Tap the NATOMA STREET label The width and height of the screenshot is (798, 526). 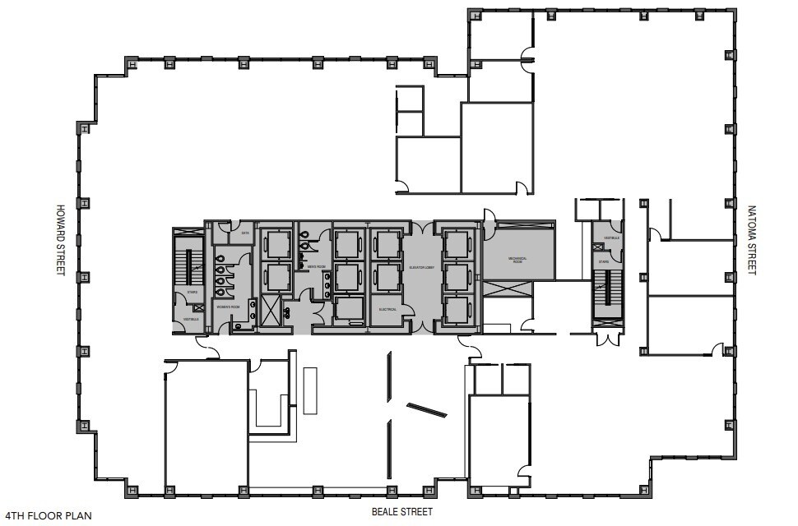click(750, 240)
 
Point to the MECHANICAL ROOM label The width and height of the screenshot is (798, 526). click(517, 259)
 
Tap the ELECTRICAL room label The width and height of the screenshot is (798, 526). click(387, 309)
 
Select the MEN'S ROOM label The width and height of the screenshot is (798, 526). click(316, 267)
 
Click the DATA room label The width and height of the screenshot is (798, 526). click(244, 233)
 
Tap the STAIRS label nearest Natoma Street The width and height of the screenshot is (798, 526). click(603, 263)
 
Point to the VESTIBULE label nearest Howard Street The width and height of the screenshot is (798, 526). click(191, 319)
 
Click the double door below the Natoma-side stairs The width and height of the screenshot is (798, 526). click(609, 339)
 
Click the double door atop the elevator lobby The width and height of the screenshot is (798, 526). click(422, 224)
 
